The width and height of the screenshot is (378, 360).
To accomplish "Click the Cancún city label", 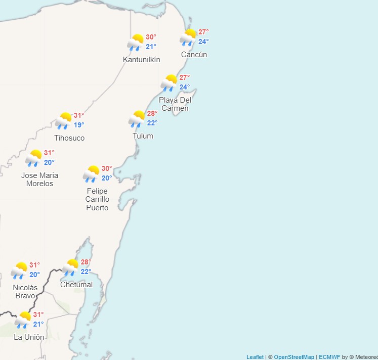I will tap(194, 55).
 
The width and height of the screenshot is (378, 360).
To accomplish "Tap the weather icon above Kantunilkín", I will tap(136, 42).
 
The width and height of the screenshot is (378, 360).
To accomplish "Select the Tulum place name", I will tap(143, 136).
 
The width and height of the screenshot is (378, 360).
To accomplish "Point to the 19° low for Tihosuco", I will tap(79, 125).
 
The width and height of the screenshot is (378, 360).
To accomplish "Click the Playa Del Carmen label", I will tap(175, 104).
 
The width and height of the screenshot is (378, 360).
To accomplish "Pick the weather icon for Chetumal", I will tap(70, 267).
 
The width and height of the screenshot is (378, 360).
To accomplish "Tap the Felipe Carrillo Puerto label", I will tap(97, 199).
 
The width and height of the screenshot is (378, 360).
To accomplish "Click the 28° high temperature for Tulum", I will tap(152, 113).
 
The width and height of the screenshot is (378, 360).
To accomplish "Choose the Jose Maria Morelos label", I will tap(39, 179).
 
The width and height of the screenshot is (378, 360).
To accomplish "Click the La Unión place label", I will tap(29, 337).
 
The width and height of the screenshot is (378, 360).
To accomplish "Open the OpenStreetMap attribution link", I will tap(294, 357).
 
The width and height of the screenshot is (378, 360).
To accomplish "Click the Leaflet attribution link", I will tap(255, 357).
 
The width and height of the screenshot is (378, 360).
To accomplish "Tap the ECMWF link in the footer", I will tap(329, 357).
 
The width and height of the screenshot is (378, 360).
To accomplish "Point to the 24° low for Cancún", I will tap(203, 41).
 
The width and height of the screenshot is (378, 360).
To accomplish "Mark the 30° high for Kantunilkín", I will tap(151, 37).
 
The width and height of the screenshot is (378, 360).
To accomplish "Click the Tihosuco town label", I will tap(70, 138).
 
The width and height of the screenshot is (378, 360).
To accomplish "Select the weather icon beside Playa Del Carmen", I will tap(169, 83).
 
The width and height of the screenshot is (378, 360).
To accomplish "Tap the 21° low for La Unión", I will tap(38, 324).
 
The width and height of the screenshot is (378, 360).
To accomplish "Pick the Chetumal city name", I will tap(76, 285).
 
